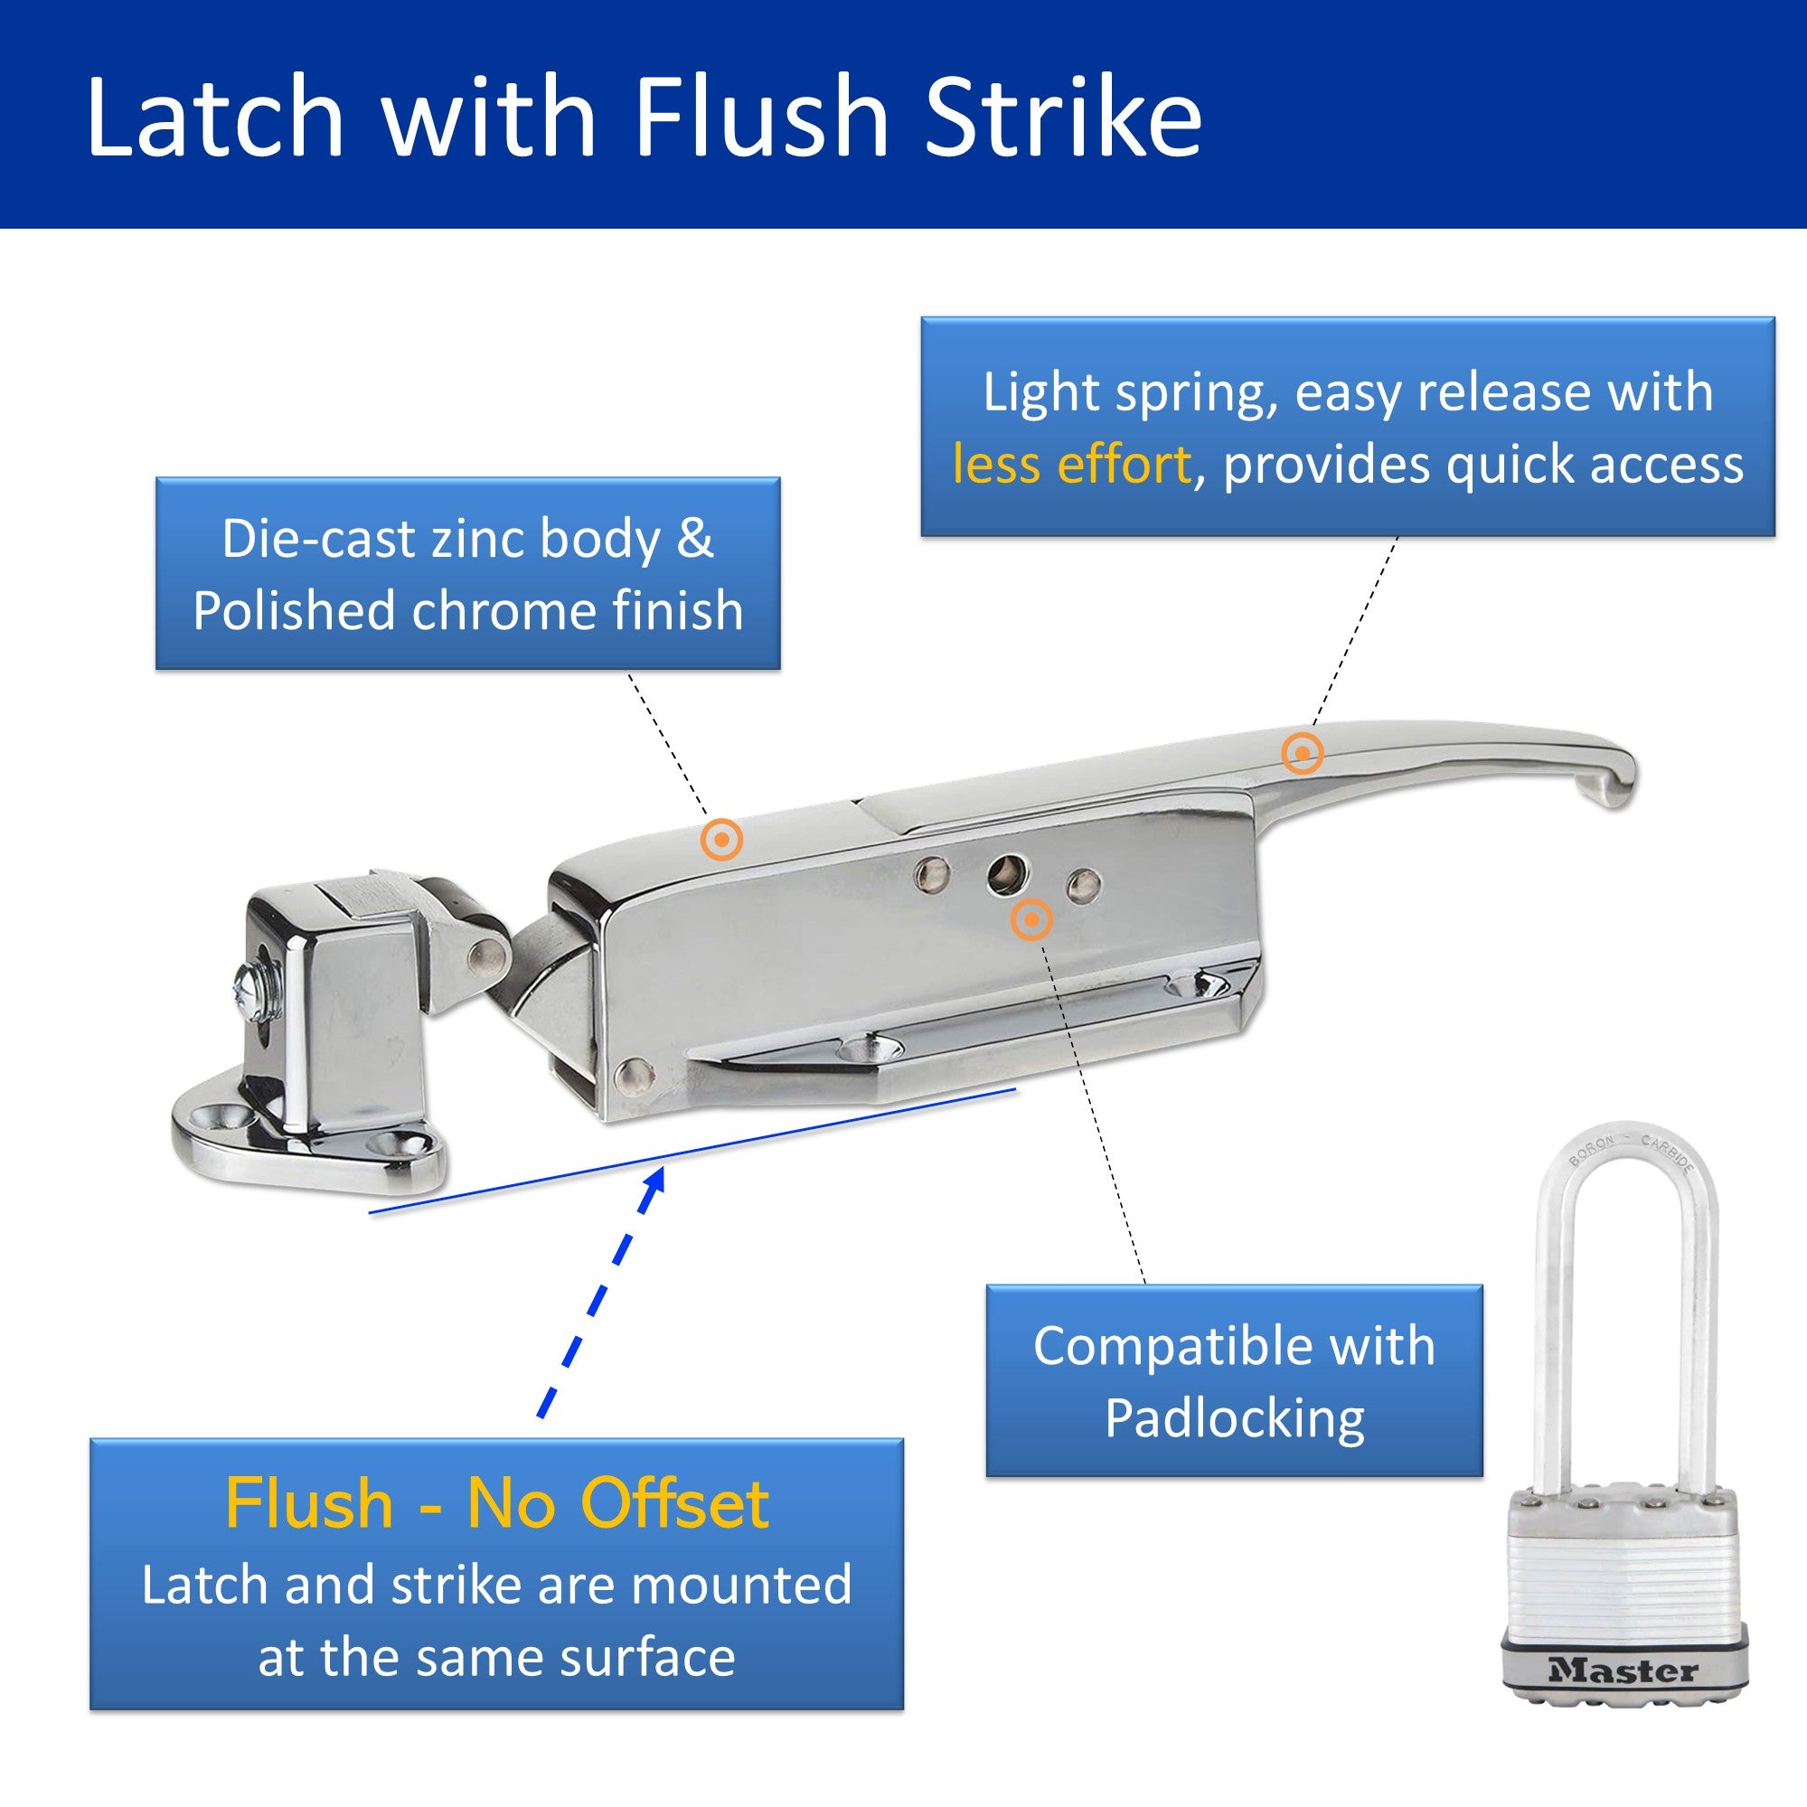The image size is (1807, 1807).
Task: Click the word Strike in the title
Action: point(1062,117)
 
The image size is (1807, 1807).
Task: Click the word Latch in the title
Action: point(215,117)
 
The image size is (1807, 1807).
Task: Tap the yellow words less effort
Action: point(1072,465)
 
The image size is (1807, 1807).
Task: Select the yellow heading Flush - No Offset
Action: point(496,1505)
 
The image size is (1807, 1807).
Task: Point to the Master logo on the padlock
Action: point(1623,1671)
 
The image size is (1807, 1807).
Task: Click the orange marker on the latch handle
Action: point(1302,753)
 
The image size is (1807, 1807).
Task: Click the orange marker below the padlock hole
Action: point(1031,920)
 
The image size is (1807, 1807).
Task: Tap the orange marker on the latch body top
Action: point(722,840)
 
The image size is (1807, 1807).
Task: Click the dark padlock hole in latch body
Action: point(1006,873)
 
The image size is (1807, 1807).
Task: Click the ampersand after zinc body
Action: point(693,540)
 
